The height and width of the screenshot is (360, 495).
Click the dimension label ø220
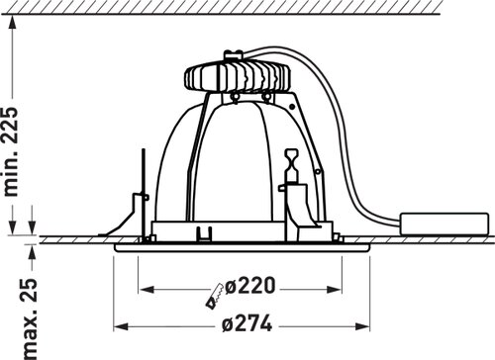(249, 286)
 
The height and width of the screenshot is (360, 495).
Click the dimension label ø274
(247, 323)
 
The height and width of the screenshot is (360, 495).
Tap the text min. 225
(11, 151)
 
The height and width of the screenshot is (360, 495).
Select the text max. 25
(31, 318)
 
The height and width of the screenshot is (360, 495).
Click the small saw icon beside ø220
(214, 296)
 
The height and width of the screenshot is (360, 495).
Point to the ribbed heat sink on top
(237, 77)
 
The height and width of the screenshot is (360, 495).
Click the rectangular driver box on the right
(444, 224)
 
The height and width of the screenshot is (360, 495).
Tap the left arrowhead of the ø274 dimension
(121, 326)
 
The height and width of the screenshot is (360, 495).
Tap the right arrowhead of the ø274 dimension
(362, 326)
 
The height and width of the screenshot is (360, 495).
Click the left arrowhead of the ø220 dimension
(147, 290)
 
